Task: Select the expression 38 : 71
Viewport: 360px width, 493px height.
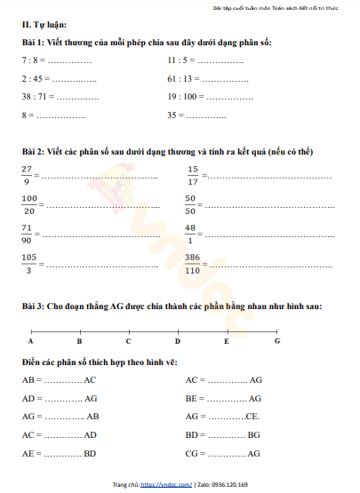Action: [x=36, y=97]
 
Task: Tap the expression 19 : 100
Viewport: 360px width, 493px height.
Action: [x=183, y=97]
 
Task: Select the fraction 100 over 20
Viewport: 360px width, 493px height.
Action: [x=29, y=204]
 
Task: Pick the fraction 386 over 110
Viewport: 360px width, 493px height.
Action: [x=192, y=264]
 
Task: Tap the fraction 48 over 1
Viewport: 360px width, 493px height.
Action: [x=191, y=234]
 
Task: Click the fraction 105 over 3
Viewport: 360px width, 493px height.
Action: [x=29, y=264]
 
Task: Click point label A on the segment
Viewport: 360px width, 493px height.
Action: [x=31, y=341]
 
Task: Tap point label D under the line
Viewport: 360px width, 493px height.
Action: [x=178, y=341]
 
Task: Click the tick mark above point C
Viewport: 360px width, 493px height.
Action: [x=128, y=330]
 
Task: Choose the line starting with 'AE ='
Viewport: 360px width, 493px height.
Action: [x=60, y=454]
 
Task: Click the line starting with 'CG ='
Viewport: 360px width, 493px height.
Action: [x=223, y=454]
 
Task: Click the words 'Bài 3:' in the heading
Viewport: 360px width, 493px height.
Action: [x=36, y=306]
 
